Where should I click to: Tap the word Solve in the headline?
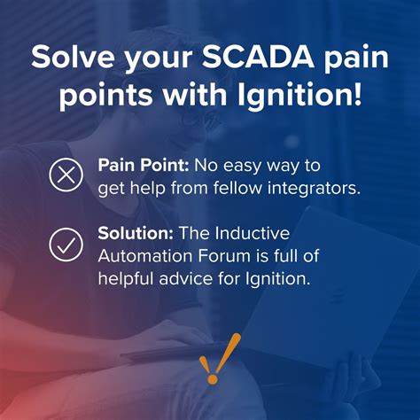tap(72, 58)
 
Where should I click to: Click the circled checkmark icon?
tap(65, 245)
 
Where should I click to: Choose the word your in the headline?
tap(160, 58)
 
